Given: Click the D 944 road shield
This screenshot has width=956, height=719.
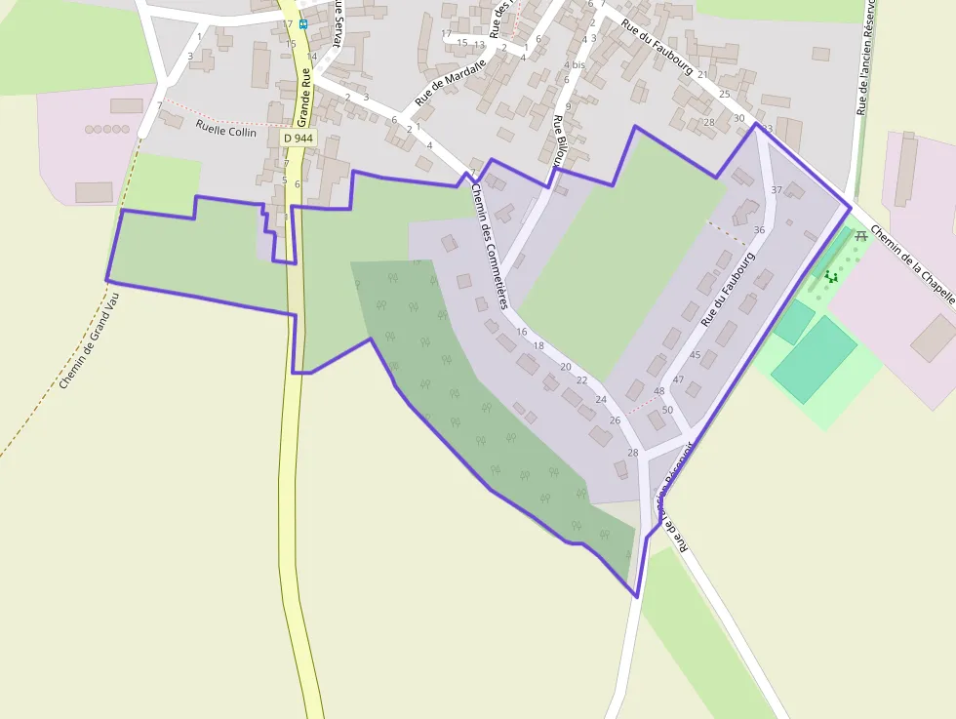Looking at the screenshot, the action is point(298,139).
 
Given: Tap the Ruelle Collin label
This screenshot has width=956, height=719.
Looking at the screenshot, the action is point(225,128).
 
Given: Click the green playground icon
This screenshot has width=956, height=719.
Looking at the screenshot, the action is point(831,277).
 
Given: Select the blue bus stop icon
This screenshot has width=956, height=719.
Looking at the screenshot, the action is point(303,23).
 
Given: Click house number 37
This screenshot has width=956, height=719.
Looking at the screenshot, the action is point(777,189).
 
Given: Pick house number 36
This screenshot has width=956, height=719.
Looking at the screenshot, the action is point(759,229).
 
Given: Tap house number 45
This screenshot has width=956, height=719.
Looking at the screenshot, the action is point(695,355).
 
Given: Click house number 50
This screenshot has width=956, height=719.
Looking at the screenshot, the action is point(667,410).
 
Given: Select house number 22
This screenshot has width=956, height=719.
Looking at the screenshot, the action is point(582,379).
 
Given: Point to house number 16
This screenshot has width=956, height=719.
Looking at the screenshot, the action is point(522,332).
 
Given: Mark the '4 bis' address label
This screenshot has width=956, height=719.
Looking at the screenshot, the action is point(575,64).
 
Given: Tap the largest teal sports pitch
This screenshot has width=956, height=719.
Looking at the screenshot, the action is point(814,358).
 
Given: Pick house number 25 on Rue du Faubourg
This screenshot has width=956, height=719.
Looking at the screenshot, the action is point(724,94).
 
